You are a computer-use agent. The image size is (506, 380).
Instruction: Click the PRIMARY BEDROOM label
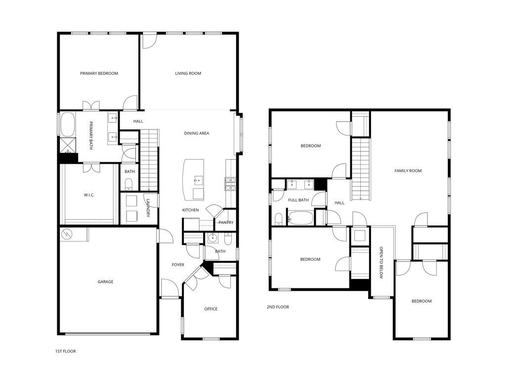[x=99, y=73]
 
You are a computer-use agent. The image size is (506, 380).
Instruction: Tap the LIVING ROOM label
[x=188, y=73]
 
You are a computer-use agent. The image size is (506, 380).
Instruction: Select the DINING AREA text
[x=197, y=133]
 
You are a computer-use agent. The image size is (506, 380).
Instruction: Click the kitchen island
[x=194, y=179]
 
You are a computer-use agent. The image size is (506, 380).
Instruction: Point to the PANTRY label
[x=226, y=223]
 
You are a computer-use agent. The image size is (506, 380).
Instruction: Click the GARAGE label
[x=105, y=282]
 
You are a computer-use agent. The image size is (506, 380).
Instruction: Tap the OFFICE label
[x=211, y=309]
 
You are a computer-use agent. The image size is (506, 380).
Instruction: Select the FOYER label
[x=178, y=265]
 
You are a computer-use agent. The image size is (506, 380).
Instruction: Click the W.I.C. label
[x=89, y=195]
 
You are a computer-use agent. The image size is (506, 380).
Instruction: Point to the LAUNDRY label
[x=147, y=208]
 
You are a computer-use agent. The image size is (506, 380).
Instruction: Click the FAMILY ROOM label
[x=408, y=171]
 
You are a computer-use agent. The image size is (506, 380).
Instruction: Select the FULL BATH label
[x=298, y=200]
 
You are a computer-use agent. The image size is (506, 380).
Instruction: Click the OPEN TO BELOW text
[x=381, y=262]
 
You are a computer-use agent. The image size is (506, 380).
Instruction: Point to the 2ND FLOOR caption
[x=278, y=307]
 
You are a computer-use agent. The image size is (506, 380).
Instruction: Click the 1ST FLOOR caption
[x=65, y=351]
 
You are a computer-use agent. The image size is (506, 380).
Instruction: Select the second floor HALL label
[x=339, y=203]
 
